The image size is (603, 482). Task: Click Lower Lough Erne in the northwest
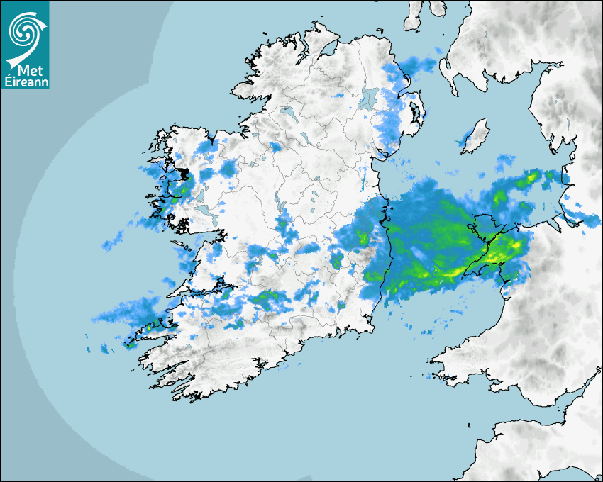click(x=287, y=112)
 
